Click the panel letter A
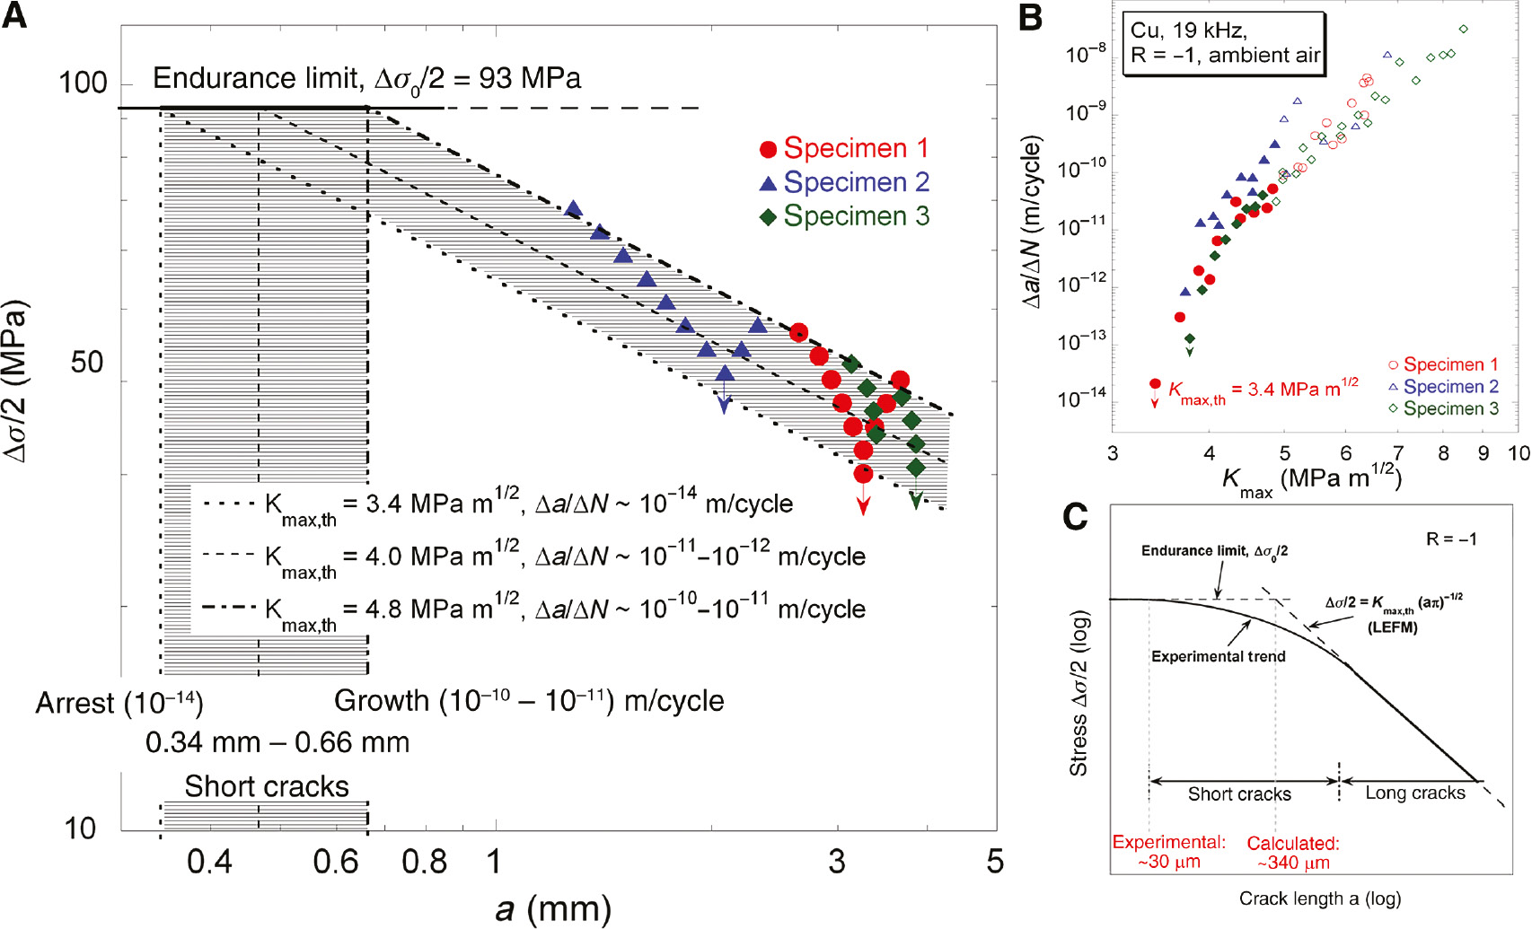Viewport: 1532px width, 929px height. click(x=14, y=15)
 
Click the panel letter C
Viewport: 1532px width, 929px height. click(x=1075, y=517)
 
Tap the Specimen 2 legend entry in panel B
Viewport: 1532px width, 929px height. click(x=1442, y=387)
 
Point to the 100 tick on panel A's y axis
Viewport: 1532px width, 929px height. click(x=83, y=83)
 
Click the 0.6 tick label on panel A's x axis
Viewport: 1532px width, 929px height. click(x=336, y=862)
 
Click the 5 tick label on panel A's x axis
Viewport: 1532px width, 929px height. click(x=994, y=862)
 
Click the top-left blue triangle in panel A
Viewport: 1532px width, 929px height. click(x=573, y=209)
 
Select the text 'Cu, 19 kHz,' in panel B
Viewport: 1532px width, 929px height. click(x=1188, y=31)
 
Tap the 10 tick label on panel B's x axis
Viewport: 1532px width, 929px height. click(x=1518, y=453)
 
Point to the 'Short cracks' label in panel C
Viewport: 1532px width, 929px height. click(x=1239, y=794)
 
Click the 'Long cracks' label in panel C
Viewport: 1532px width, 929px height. click(x=1415, y=793)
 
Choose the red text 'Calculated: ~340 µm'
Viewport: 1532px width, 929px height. click(x=1293, y=854)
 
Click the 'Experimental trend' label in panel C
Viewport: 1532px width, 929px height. click(x=1218, y=657)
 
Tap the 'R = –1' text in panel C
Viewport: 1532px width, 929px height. click(x=1451, y=539)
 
